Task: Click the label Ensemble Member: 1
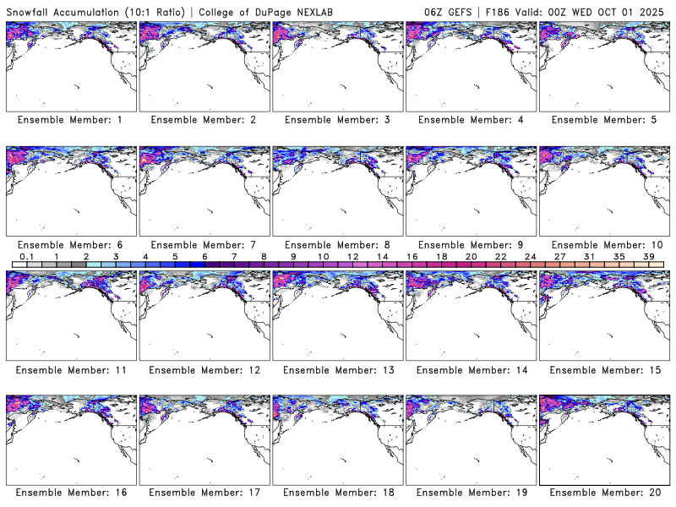pyautogui.click(x=69, y=120)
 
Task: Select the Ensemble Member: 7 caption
pyautogui.click(x=203, y=244)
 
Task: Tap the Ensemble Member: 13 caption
pyautogui.click(x=336, y=369)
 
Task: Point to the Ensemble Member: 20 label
pyautogui.click(x=602, y=493)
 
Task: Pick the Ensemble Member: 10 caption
pyautogui.click(x=602, y=244)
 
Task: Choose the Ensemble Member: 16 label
pyautogui.click(x=69, y=493)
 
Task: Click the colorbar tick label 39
pyautogui.click(x=648, y=256)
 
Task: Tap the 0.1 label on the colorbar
pyautogui.click(x=26, y=256)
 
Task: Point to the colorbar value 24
pyautogui.click(x=530, y=256)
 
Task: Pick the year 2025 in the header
pyautogui.click(x=656, y=9)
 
